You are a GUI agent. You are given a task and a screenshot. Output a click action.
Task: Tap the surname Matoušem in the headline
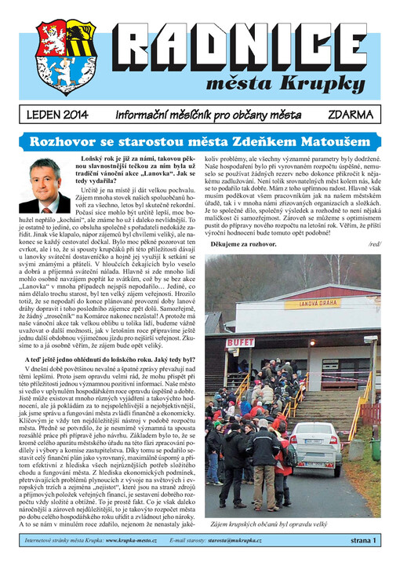(334, 142)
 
